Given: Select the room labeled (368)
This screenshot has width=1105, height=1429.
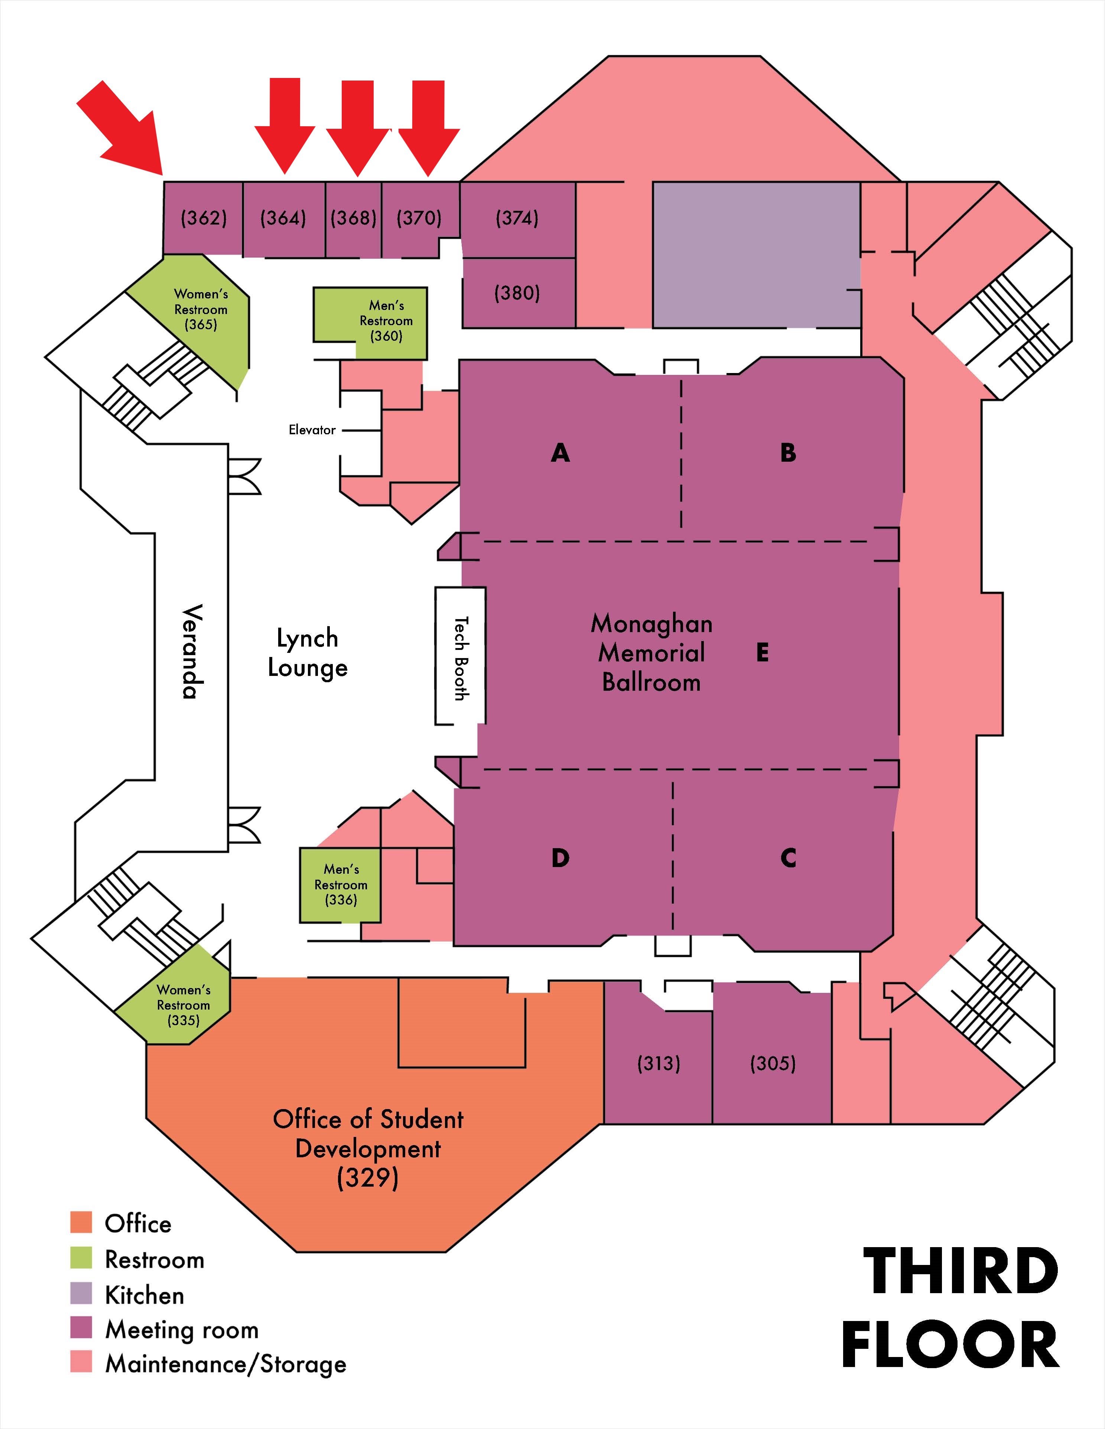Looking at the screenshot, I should pyautogui.click(x=354, y=218).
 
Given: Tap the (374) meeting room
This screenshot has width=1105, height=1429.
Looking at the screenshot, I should pyautogui.click(x=517, y=218).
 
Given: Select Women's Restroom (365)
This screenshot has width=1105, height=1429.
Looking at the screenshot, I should pyautogui.click(x=200, y=310).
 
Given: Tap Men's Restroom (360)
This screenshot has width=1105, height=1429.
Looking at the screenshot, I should pyautogui.click(x=386, y=321).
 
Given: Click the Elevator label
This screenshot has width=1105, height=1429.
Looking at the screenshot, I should pyautogui.click(x=312, y=430).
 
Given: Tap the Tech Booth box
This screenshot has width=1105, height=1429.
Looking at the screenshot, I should pyautogui.click(x=461, y=655).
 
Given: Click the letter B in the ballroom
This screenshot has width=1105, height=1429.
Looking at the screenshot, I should pyautogui.click(x=788, y=453).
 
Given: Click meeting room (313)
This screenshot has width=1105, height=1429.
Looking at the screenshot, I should pyautogui.click(x=659, y=1063).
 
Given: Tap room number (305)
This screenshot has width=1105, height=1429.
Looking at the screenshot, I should pyautogui.click(x=773, y=1063).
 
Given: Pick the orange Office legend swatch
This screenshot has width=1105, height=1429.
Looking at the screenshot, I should pyautogui.click(x=82, y=1222).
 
